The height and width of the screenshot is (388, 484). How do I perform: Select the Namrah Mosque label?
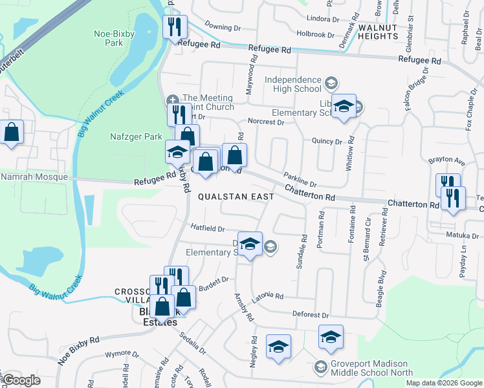34,177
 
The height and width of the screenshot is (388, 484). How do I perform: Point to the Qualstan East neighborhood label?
236,196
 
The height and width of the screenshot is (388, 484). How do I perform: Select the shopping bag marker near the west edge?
12,133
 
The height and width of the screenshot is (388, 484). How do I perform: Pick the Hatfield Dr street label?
207,228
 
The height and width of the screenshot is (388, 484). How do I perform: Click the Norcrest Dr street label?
266,122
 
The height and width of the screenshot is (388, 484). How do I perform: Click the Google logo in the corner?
22,380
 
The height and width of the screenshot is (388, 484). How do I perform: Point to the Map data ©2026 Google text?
443,383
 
